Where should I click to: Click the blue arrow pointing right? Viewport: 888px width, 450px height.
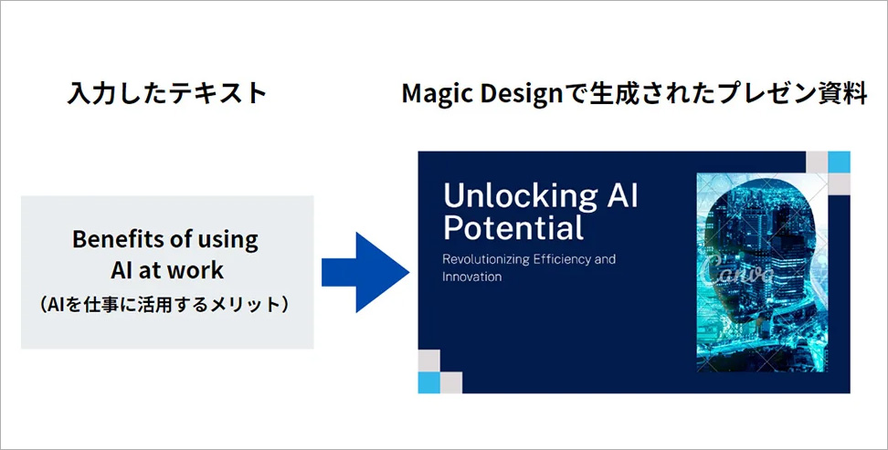[x=365, y=272]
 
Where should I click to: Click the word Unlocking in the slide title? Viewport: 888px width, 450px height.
[x=520, y=196]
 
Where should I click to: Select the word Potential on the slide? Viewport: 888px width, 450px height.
[x=513, y=228]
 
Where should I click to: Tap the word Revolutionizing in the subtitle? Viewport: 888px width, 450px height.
[x=486, y=260]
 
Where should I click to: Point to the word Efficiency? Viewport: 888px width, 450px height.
[x=562, y=260]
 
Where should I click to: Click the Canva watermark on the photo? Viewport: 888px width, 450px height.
[x=737, y=269]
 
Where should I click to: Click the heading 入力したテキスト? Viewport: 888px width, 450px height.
[x=167, y=93]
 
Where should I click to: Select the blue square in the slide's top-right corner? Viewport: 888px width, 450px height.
[x=839, y=162]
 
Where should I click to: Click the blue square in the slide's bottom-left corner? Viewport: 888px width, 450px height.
[x=428, y=382]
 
